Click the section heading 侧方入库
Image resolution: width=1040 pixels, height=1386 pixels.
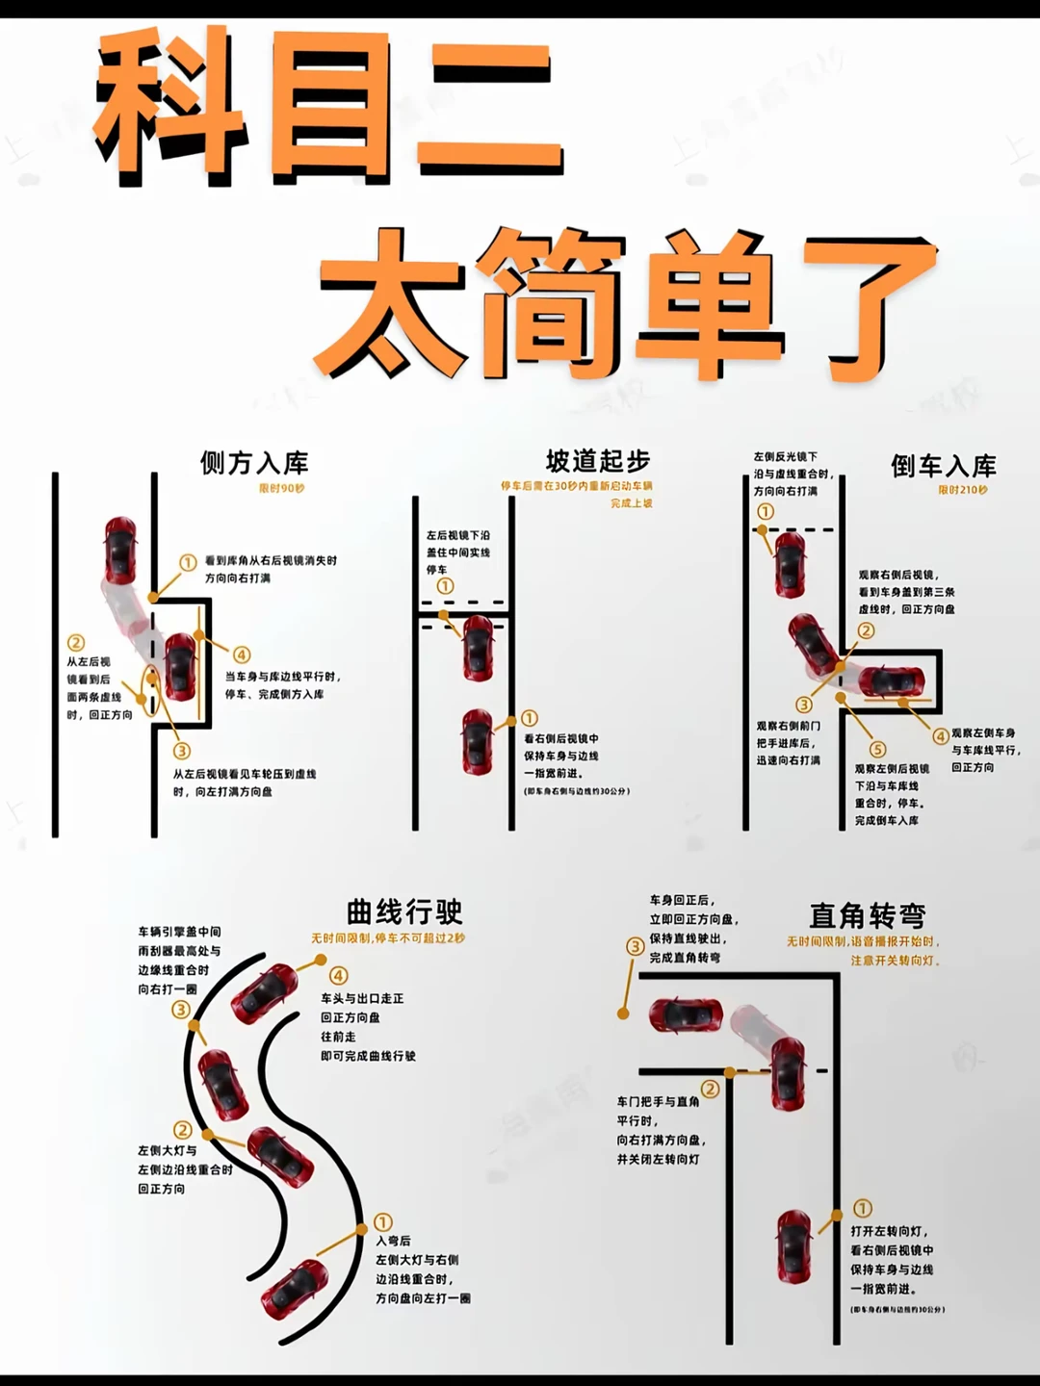tap(254, 463)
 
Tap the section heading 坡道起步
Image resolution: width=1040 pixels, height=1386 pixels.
tap(597, 461)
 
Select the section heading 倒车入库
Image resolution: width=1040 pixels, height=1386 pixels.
tap(943, 467)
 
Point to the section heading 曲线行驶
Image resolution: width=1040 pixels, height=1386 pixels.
tap(404, 911)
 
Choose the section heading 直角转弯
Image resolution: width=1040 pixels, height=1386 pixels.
tap(867, 914)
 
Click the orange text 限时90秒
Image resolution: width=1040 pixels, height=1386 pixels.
tap(281, 489)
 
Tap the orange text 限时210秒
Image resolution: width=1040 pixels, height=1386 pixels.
tap(963, 490)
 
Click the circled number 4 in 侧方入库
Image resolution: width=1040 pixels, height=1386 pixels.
tap(242, 655)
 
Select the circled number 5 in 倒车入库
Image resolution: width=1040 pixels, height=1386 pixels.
tap(877, 749)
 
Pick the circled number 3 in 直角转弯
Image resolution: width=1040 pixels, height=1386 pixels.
tap(635, 946)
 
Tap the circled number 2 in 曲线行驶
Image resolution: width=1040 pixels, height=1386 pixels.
tap(182, 1129)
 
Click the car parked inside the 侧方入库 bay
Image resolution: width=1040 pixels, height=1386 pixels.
tap(180, 666)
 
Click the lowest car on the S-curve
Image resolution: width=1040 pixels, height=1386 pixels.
tap(297, 1287)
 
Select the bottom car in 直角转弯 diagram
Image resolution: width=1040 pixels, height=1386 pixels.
tap(794, 1247)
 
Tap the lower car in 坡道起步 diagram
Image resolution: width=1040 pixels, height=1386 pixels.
tap(478, 741)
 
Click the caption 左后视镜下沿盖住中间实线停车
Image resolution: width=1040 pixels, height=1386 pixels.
tap(458, 552)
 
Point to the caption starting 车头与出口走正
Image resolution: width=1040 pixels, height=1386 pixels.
tap(368, 1027)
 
